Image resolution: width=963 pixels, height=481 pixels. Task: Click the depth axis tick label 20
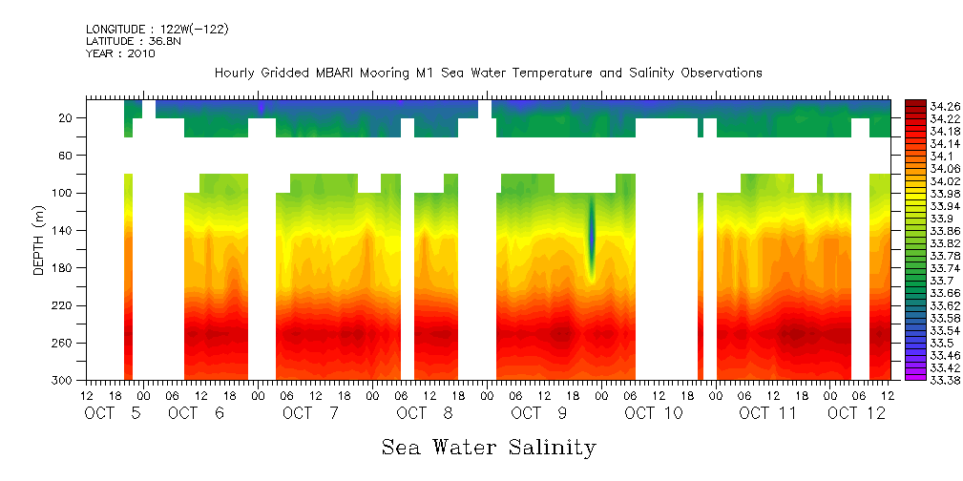tap(67, 117)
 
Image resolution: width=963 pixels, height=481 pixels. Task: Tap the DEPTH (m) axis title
tap(39, 239)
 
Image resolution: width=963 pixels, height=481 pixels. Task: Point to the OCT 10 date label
tap(654, 413)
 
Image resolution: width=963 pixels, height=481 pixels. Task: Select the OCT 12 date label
tap(856, 413)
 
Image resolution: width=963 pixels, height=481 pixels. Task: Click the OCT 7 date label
tap(310, 413)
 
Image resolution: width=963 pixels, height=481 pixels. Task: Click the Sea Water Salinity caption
tap(489, 447)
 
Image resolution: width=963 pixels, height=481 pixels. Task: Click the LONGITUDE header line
tap(157, 29)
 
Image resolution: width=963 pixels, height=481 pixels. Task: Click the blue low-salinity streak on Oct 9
tap(592, 239)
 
